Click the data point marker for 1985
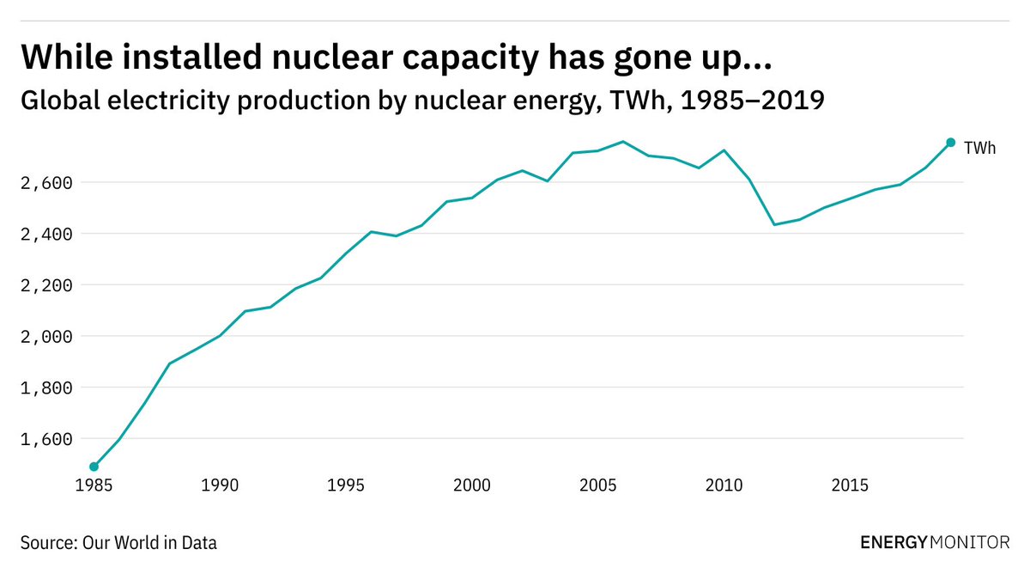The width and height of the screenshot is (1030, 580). pyautogui.click(x=94, y=467)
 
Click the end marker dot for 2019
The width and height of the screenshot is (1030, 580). pyautogui.click(x=950, y=143)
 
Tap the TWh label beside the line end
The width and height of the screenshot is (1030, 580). pyautogui.click(x=979, y=149)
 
